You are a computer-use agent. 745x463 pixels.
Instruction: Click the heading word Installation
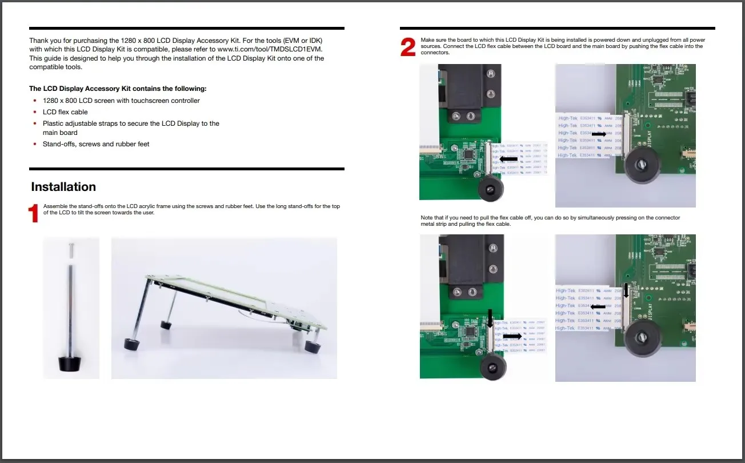[63, 187]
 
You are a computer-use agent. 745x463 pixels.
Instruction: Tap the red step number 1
[34, 213]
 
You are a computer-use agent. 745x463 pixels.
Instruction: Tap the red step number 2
[408, 47]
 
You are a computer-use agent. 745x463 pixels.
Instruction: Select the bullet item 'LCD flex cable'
[65, 112]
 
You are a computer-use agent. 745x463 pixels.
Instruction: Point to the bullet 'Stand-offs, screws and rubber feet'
[96, 144]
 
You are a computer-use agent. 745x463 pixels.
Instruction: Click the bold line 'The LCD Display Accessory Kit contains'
[118, 89]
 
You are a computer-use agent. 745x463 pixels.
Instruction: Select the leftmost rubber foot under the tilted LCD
[132, 344]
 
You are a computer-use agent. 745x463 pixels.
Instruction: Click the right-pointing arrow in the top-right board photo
[599, 133]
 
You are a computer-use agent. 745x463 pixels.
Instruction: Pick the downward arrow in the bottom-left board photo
[490, 318]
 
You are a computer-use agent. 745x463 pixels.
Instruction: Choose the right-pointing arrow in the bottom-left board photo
[512, 336]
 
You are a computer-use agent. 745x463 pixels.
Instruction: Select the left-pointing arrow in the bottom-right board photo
[598, 306]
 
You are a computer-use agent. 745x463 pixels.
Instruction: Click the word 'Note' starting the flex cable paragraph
[427, 218]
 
